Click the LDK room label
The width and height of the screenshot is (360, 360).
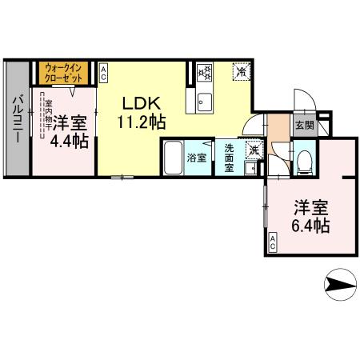[142, 104]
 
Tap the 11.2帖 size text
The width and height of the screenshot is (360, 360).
[142, 123]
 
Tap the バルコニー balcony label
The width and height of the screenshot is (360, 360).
[17, 121]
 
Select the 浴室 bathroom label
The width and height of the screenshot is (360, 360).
[196, 158]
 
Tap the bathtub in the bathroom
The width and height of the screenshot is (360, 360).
[173, 153]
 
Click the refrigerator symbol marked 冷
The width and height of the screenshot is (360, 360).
[241, 73]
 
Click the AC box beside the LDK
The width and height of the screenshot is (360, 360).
[104, 73]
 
